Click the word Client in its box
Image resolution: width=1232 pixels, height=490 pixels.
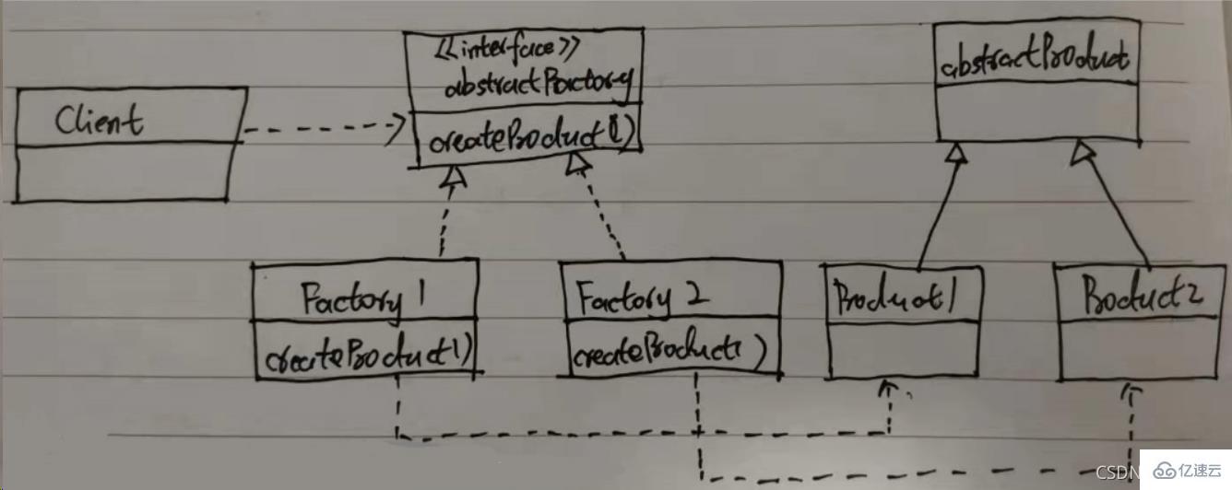(x=99, y=120)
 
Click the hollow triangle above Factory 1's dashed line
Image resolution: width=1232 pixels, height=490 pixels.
(x=454, y=178)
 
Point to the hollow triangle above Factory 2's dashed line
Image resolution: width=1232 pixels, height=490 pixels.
(x=577, y=163)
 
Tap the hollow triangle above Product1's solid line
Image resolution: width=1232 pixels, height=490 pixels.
(x=958, y=153)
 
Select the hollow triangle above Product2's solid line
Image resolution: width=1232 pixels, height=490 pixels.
(x=1080, y=153)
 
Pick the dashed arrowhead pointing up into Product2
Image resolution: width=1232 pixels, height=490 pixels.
(x=1129, y=391)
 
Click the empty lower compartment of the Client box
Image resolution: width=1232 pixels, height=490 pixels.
(x=122, y=171)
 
